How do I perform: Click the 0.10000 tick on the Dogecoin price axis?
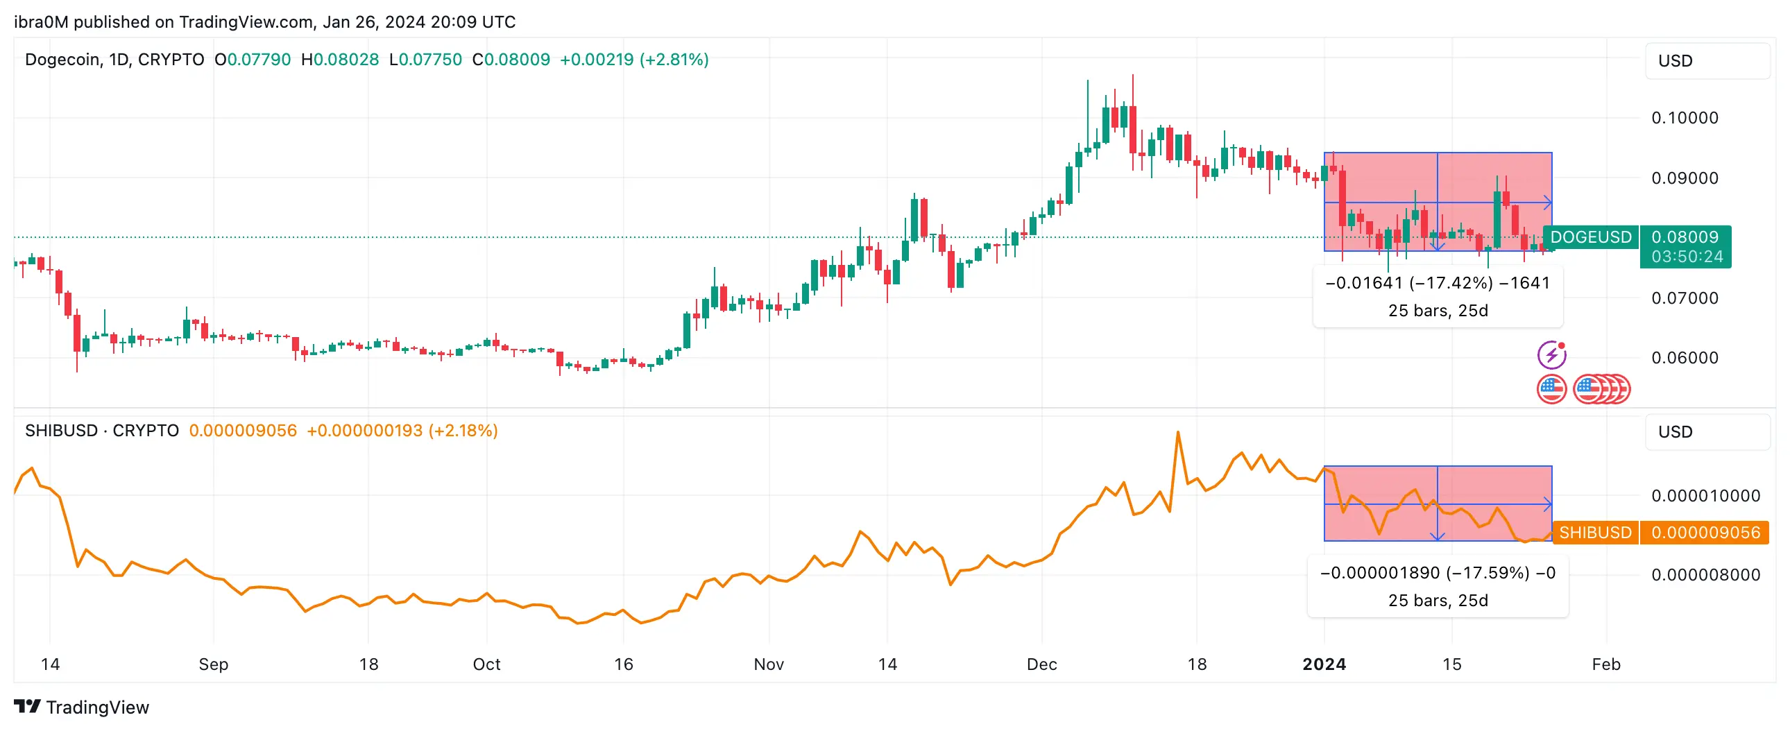click(x=1684, y=117)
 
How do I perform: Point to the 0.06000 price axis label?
click(x=1684, y=358)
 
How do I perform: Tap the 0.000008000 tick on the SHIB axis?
click(x=1705, y=575)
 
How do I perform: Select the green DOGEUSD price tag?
click(x=1590, y=237)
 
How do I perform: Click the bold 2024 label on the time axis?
click(x=1324, y=664)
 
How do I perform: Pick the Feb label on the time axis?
click(x=1606, y=664)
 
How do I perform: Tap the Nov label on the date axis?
click(x=769, y=664)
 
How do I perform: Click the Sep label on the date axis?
click(x=213, y=664)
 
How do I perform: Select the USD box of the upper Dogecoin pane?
click(x=1706, y=61)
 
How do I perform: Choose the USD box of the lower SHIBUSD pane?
click(x=1706, y=431)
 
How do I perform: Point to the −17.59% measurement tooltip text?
click(x=1437, y=573)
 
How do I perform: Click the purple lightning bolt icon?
click(x=1551, y=355)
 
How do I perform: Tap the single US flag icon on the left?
click(x=1551, y=389)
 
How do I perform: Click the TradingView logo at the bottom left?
click(x=81, y=707)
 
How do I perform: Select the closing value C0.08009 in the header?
click(x=511, y=60)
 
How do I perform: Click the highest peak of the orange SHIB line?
click(x=1178, y=433)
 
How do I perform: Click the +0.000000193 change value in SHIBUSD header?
click(x=364, y=431)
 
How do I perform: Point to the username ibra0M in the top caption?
click(x=41, y=22)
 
